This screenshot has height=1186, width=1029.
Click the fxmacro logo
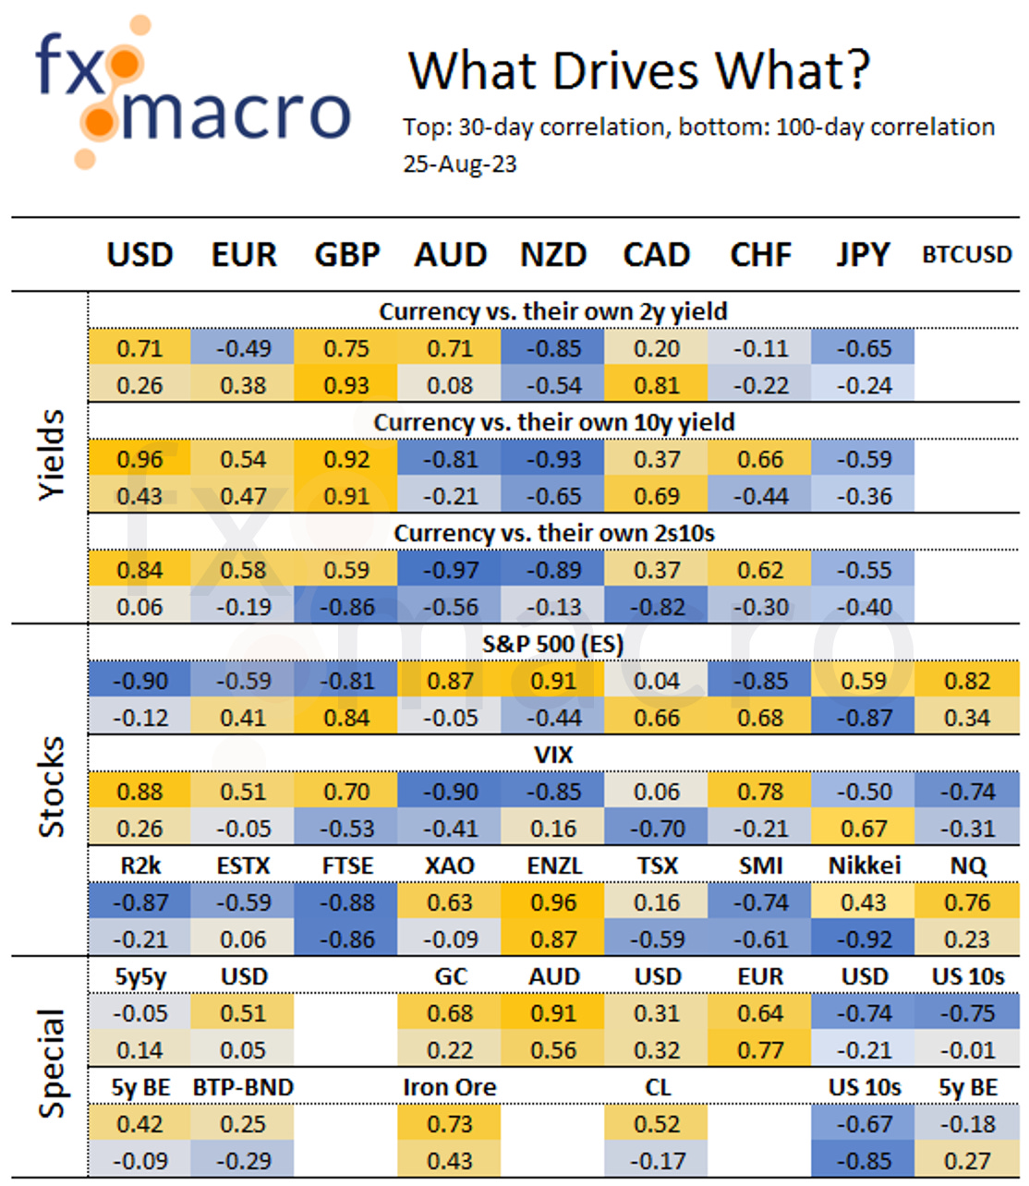point(192,92)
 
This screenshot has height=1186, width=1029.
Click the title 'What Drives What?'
point(638,70)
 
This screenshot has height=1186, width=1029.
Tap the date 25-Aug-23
point(459,164)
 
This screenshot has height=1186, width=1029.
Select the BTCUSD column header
point(966,255)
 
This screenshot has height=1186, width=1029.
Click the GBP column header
point(346,255)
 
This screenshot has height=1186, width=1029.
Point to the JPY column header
point(863,255)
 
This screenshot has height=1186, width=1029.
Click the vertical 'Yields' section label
point(52,455)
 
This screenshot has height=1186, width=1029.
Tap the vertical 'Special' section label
point(52,1063)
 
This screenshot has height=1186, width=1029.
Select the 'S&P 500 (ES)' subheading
point(552,644)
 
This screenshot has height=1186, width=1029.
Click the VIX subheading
point(552,755)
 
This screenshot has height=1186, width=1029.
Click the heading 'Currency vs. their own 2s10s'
point(553,533)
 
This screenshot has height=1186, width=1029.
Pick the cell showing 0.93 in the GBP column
point(346,385)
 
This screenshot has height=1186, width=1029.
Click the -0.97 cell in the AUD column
point(450,570)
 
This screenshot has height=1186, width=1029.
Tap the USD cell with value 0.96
point(139,459)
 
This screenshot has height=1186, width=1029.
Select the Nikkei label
point(864,865)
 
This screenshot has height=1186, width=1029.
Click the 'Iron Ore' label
point(449,1087)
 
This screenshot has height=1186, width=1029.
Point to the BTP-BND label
point(243,1087)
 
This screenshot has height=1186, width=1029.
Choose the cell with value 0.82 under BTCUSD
point(966,681)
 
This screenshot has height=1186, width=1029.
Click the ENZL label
point(553,865)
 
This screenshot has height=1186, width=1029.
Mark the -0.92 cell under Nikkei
point(864,939)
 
